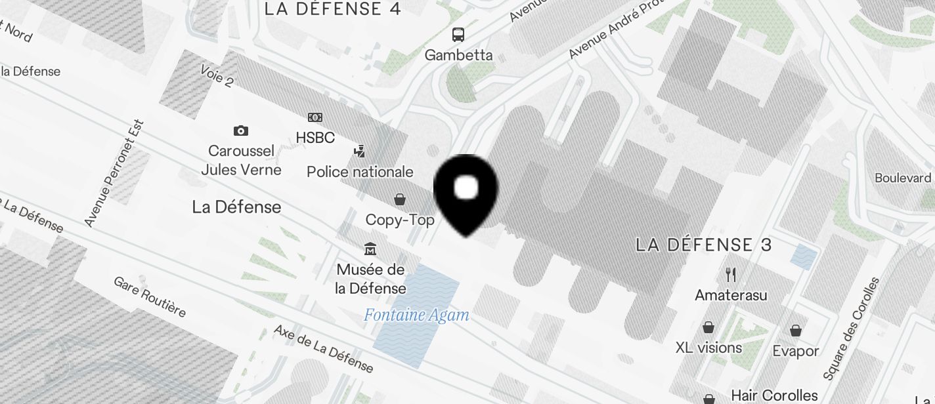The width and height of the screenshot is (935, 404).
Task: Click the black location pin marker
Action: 466,193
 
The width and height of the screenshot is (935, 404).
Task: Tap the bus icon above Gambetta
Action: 458,35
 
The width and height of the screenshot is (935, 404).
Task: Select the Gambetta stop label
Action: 458,55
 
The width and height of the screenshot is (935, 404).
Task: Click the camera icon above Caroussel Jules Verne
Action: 241,131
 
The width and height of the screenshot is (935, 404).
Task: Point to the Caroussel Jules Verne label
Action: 241,161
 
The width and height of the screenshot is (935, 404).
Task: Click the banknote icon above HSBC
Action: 315,117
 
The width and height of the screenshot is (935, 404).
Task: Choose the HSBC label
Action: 315,138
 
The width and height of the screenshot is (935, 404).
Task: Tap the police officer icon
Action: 359,151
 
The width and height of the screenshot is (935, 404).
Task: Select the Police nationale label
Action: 360,172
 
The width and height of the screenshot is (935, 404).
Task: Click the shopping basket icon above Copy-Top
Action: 399,199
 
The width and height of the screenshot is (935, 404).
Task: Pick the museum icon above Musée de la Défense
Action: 370,249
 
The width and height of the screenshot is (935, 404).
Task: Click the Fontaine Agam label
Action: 416,315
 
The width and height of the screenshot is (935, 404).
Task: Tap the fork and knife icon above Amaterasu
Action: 731,274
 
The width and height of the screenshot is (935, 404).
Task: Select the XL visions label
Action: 708,348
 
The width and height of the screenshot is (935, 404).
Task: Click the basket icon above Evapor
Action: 796,331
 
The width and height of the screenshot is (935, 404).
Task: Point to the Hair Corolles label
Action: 774,395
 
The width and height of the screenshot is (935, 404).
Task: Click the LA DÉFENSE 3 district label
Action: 703,245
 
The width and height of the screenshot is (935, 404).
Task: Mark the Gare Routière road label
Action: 150,296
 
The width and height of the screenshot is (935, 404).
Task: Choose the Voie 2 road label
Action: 217,76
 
